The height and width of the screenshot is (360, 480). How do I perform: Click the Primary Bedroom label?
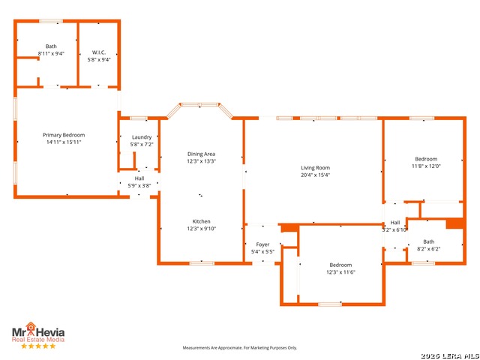point(64,135)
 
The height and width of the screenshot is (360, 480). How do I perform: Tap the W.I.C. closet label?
point(99,52)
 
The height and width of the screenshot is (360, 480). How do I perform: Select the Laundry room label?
point(142,137)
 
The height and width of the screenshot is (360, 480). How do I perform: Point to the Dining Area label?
point(202,154)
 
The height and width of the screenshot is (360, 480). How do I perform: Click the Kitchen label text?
point(202,221)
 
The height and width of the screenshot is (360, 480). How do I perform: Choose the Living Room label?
point(315,168)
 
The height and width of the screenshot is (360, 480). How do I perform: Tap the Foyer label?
point(262,244)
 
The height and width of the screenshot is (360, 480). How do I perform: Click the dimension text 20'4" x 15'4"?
point(315,175)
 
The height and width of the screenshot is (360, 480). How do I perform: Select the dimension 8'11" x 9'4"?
point(51,53)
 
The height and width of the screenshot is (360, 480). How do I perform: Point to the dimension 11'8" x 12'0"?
point(426,166)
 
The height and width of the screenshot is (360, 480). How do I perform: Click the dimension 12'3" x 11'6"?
point(340,272)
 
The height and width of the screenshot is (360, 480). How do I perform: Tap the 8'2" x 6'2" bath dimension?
point(428,249)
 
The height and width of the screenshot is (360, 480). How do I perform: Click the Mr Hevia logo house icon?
point(31,327)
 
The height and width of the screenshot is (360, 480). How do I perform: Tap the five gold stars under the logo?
point(38,346)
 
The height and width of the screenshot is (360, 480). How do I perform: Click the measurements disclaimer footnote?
point(240,348)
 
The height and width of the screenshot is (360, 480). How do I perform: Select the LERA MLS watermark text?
point(450,355)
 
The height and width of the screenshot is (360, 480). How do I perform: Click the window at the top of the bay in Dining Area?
point(200,105)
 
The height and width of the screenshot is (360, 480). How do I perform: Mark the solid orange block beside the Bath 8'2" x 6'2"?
point(454,223)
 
